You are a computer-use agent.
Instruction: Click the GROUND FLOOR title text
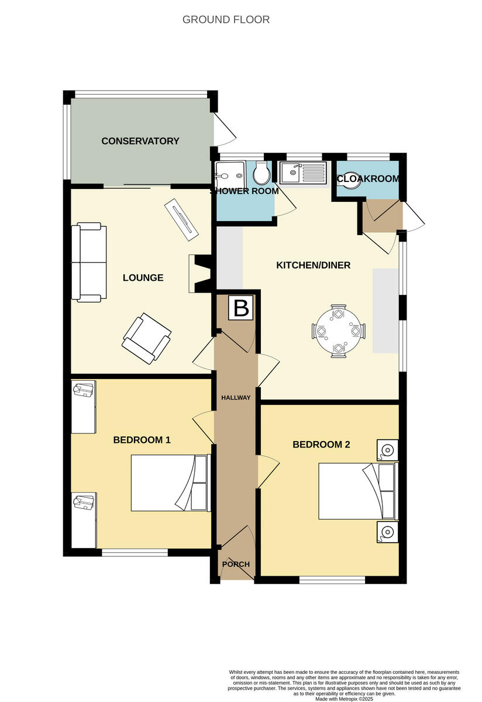point(226,19)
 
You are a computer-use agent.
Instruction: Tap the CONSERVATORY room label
point(140,141)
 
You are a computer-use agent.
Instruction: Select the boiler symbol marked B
point(241,308)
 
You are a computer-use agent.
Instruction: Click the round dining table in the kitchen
point(339,331)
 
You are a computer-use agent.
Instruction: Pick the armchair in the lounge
point(147,338)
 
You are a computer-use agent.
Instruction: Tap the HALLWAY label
point(236,398)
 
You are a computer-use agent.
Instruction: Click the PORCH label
point(236,565)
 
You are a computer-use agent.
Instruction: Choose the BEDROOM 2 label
point(321,445)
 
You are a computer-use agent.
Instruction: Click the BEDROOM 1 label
point(142,439)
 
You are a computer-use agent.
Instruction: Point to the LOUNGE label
point(143,278)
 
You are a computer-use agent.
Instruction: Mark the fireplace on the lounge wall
point(199,274)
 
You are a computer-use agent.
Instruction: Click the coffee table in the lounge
point(183,220)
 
